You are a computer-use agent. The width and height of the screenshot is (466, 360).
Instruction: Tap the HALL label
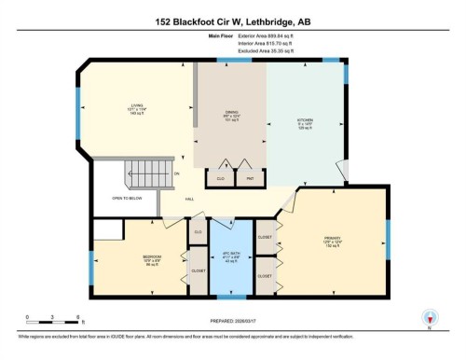coord(188,200)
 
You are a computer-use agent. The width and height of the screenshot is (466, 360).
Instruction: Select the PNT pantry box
coord(250,177)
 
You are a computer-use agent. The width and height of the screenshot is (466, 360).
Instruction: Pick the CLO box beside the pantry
coord(220,177)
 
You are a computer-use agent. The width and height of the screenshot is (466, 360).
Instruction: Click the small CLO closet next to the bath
coord(198,230)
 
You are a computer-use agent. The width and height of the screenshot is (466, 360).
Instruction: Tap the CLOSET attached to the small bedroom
coord(199,270)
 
